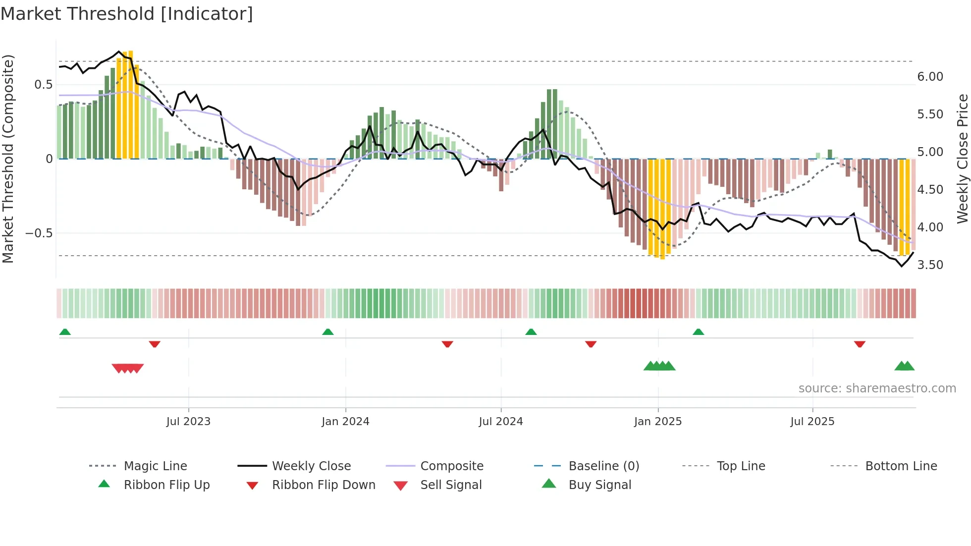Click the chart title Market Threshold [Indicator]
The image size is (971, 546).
[127, 14]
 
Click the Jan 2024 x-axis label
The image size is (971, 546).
[345, 422]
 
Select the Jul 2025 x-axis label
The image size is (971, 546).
[812, 422]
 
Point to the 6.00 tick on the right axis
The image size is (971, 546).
[930, 77]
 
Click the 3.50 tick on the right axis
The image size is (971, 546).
[930, 265]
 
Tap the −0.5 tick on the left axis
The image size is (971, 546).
[39, 233]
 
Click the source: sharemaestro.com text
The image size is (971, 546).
[877, 388]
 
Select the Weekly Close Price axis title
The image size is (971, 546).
[962, 159]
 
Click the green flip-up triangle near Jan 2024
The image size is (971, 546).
[327, 332]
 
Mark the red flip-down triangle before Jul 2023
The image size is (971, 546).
[155, 344]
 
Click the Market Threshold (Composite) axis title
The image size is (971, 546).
[8, 159]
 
